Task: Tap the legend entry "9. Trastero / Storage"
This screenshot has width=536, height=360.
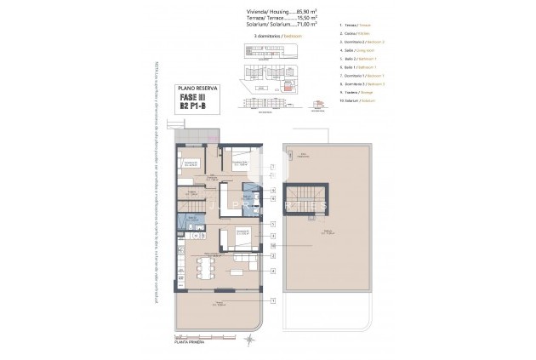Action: (x=332, y=92)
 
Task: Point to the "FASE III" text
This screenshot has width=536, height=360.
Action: (x=195, y=98)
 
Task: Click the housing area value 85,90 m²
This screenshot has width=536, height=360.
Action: (x=284, y=10)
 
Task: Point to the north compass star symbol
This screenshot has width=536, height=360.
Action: (x=248, y=341)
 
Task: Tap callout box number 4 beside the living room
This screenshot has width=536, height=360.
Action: (x=272, y=271)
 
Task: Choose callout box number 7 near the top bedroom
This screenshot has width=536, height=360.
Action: (x=272, y=166)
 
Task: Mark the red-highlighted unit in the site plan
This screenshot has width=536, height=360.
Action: (x=288, y=86)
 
